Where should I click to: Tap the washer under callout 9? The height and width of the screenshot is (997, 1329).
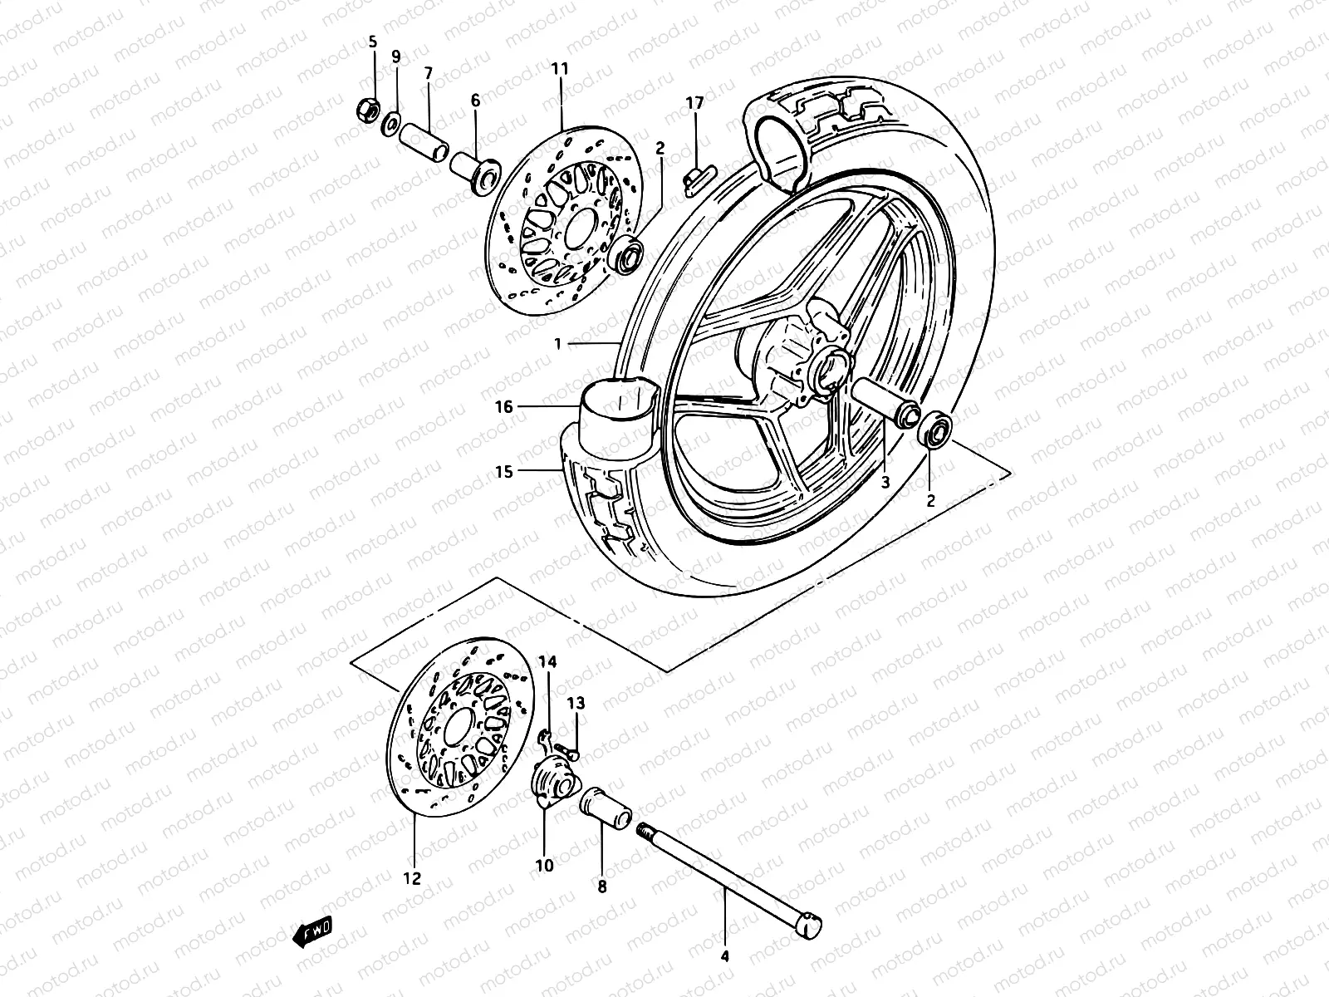pyautogui.click(x=390, y=126)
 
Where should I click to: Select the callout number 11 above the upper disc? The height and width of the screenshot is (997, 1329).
pyautogui.click(x=559, y=69)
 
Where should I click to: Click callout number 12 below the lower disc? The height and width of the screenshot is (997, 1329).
pyautogui.click(x=412, y=877)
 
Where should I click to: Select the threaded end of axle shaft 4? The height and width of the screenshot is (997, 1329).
pyautogui.click(x=646, y=831)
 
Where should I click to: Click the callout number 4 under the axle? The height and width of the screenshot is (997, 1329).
pyautogui.click(x=724, y=957)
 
